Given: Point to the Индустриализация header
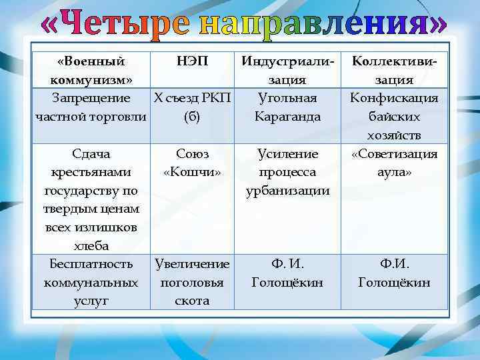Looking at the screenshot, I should (x=287, y=71).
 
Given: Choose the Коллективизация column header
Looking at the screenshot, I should (x=393, y=71).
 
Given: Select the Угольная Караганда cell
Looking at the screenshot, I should (x=287, y=107).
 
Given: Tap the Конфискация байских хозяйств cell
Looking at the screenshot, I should (x=393, y=117).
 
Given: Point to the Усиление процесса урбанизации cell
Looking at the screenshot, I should (x=287, y=172).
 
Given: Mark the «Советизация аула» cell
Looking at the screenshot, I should (x=393, y=163).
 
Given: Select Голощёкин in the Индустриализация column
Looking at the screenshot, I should (x=287, y=282).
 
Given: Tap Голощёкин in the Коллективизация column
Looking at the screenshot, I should (x=393, y=282).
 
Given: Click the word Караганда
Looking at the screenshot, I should (x=287, y=117).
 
